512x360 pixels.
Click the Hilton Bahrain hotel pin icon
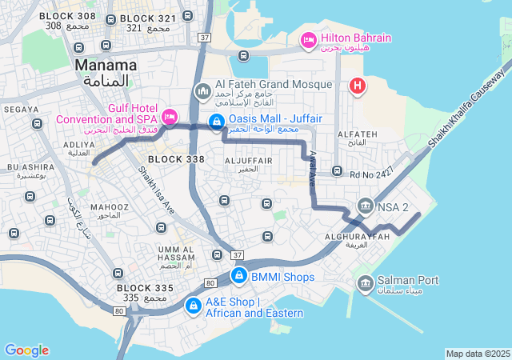point(308,39)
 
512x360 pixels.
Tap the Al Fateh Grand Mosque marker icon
point(202,93)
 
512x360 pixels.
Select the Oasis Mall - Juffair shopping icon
point(216,122)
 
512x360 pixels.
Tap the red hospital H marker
point(358,85)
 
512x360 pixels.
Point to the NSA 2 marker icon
point(365,207)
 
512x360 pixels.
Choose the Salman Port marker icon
point(365,282)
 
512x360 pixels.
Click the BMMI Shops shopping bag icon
point(238,276)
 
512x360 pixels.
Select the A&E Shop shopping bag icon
point(193,306)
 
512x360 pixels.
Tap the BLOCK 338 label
point(176,159)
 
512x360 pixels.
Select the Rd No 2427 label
point(372,173)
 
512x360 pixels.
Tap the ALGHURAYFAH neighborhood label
point(358,238)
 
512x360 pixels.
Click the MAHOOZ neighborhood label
point(104,207)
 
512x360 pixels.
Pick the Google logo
point(26,350)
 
